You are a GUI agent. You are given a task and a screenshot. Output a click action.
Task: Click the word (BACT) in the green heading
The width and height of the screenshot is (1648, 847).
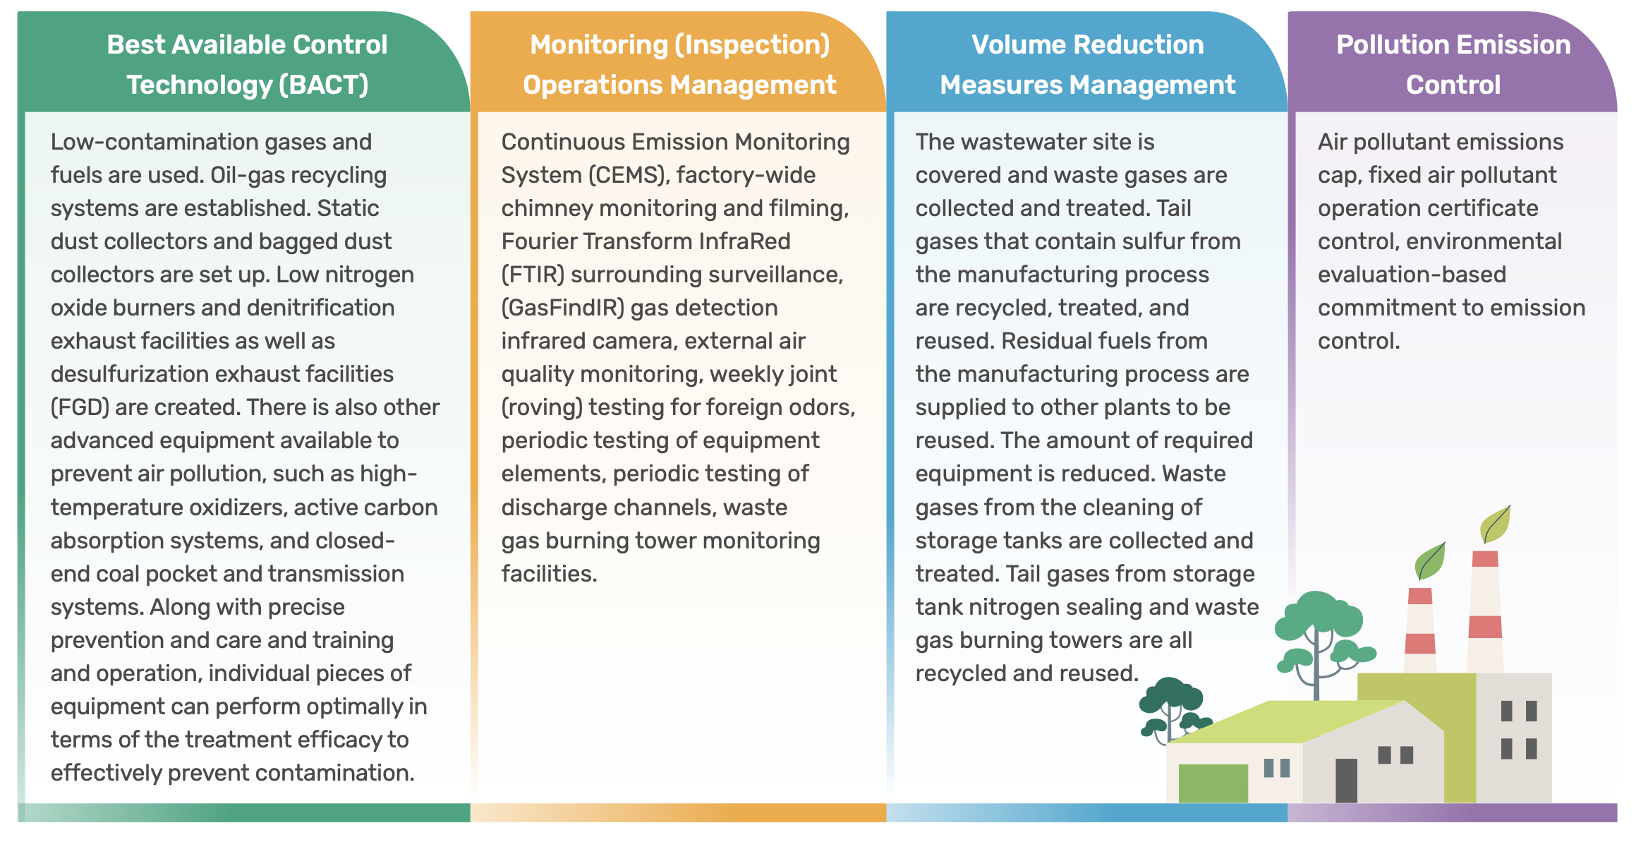pyautogui.click(x=324, y=85)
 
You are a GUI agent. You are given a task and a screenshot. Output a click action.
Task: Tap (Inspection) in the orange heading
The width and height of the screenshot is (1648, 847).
pyautogui.click(x=753, y=45)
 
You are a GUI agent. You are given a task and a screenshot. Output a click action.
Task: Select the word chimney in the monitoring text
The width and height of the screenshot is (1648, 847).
pyautogui.click(x=547, y=209)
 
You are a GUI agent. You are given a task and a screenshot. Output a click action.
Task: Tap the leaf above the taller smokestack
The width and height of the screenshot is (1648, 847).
pyautogui.click(x=1495, y=524)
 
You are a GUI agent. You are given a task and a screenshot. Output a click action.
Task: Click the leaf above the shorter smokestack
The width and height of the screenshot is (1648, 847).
pyautogui.click(x=1430, y=560)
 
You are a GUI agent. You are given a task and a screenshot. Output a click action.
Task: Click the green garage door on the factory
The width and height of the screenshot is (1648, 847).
pyautogui.click(x=1213, y=783)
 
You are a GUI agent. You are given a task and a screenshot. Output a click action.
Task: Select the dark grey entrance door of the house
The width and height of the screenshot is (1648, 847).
pyautogui.click(x=1346, y=780)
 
